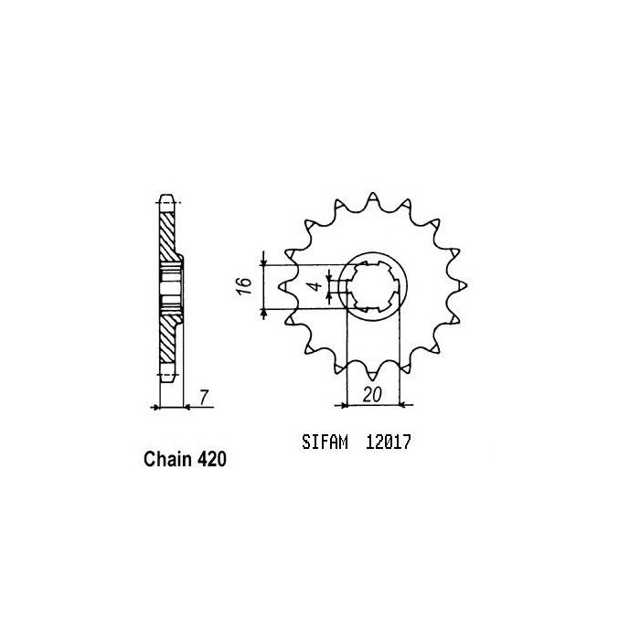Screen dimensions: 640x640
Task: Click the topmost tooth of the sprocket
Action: point(375,198)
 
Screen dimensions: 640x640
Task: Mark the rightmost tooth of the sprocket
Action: point(462,285)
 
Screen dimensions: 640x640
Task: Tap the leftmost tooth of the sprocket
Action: point(284,286)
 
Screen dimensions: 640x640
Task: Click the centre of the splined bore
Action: point(374,285)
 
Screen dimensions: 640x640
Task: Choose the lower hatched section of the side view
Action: point(167,343)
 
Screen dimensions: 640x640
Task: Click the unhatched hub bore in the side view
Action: point(170,285)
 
